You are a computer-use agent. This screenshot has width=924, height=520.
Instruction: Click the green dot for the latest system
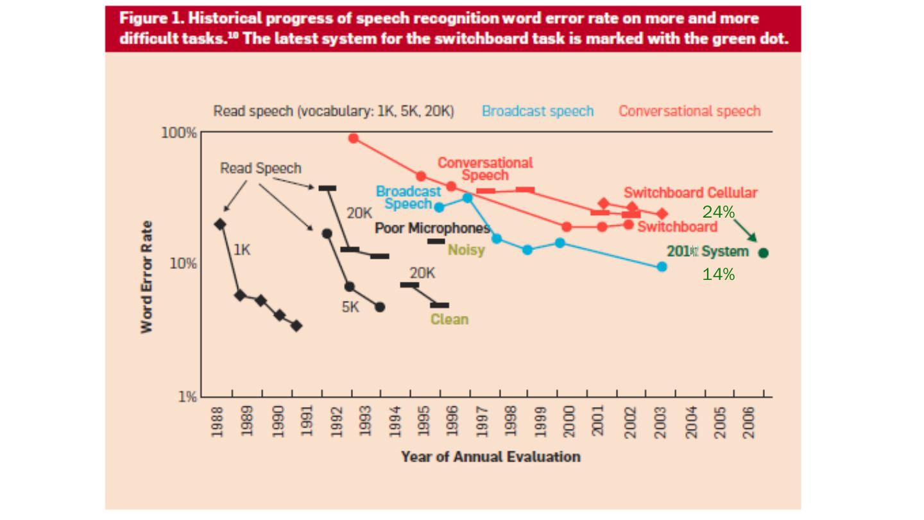tap(763, 253)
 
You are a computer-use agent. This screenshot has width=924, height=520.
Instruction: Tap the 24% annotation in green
tap(718, 212)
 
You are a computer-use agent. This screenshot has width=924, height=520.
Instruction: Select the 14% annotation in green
tap(718, 274)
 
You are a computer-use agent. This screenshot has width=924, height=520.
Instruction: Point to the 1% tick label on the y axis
tap(187, 397)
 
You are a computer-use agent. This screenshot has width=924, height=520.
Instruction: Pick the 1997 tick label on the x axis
tap(483, 421)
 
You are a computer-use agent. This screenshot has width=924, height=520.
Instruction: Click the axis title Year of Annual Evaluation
tap(491, 456)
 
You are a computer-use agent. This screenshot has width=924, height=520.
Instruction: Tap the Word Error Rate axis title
tap(147, 277)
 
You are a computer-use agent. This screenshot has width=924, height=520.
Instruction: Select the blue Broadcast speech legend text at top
tap(538, 111)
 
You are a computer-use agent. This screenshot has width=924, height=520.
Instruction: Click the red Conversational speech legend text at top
tap(689, 111)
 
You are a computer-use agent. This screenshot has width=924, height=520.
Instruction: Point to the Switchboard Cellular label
tap(690, 193)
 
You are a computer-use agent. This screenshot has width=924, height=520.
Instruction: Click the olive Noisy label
tap(466, 250)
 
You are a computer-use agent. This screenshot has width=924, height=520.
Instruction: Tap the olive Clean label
tap(449, 319)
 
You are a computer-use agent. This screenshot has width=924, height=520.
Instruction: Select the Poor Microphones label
tap(432, 228)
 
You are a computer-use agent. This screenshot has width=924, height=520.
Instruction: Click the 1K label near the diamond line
tap(242, 250)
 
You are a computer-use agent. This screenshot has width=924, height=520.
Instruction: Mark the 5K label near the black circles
tap(350, 308)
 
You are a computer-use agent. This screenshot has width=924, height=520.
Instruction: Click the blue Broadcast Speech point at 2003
tap(662, 266)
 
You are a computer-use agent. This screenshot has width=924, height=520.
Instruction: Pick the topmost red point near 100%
tap(354, 138)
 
